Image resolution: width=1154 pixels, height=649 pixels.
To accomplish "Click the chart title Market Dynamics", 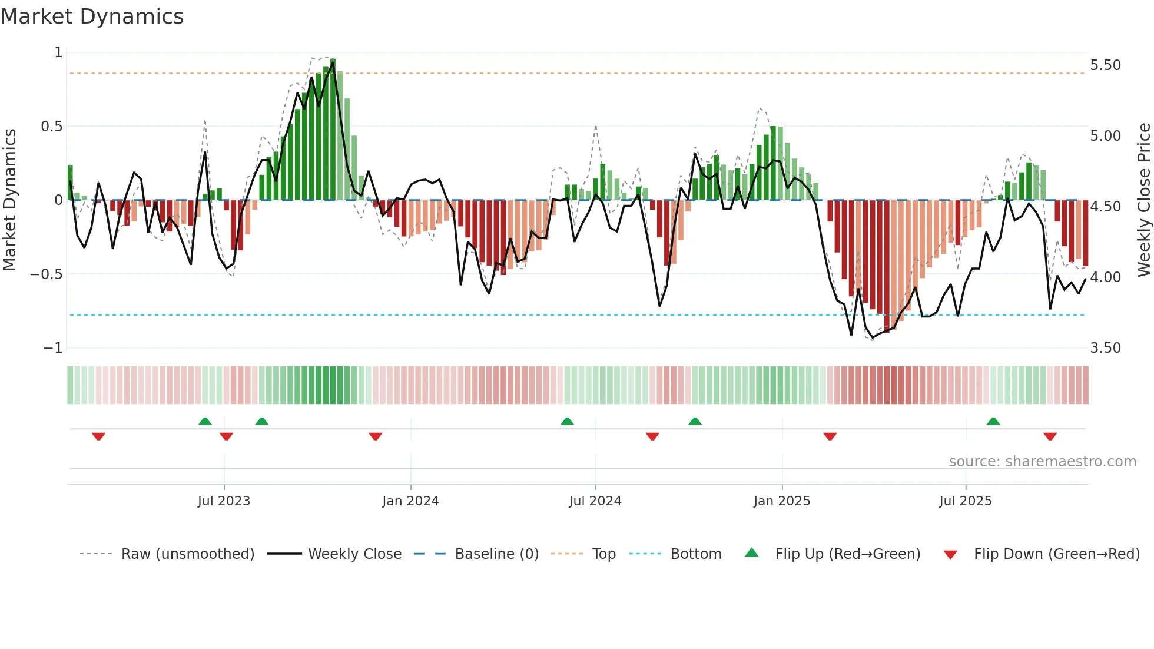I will coord(92,16).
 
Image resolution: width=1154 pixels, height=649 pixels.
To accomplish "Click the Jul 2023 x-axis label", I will coord(224,501).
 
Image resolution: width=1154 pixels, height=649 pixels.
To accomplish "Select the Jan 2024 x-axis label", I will coord(410,501).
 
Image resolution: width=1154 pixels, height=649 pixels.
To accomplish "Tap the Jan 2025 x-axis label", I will coord(781,501).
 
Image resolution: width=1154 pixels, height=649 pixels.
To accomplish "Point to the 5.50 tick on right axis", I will coord(1105,65).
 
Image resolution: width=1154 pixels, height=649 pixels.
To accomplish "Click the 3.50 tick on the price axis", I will coord(1105,348).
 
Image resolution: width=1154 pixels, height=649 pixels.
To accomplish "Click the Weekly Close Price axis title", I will coord(1143,200).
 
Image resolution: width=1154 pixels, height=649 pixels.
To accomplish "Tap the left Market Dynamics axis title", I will coord(9,200).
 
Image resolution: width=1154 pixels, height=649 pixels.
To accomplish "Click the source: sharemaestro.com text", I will coord(1042,462).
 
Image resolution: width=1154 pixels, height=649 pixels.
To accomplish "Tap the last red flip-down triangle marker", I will coord(1050,436).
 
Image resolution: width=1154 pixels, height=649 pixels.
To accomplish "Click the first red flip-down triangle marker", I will coord(98,436).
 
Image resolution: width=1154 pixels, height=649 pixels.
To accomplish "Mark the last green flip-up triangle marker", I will coord(993,421).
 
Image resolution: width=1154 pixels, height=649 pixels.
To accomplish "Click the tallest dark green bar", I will coord(333,130).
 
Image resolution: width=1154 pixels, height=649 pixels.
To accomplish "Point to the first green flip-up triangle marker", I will coord(205,421).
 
